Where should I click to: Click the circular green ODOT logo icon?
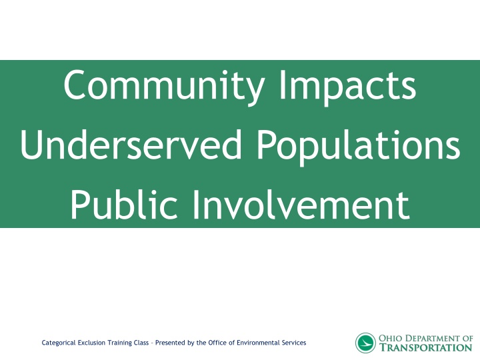365,343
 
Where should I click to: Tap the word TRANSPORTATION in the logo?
425,348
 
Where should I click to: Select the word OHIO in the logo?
391,338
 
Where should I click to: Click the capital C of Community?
75,87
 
